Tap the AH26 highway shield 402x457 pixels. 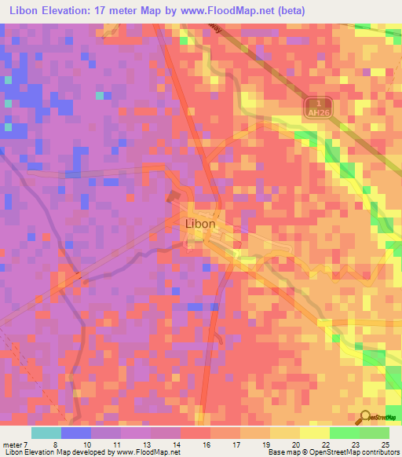click(314, 107)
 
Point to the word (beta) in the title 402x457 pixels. click(287, 10)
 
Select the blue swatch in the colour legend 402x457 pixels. click(76, 433)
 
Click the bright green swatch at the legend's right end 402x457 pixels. click(375, 433)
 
